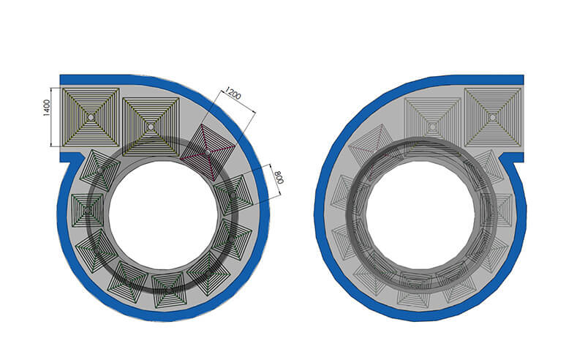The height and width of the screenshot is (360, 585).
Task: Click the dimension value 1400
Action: pyautogui.click(x=46, y=108)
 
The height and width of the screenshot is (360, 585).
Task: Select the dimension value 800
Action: pyautogui.click(x=279, y=178)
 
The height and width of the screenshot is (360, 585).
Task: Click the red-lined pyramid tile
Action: pyautogui.click(x=208, y=152)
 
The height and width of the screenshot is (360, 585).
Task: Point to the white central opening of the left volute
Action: pyautogui.click(x=163, y=215)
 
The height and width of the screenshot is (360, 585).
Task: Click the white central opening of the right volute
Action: pyautogui.click(x=420, y=215)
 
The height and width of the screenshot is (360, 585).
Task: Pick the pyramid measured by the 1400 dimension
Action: pyautogui.click(x=90, y=117)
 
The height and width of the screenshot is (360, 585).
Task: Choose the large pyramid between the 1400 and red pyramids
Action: pyautogui.click(x=151, y=127)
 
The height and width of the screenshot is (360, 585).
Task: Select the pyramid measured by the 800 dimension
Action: pyautogui.click(x=233, y=195)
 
